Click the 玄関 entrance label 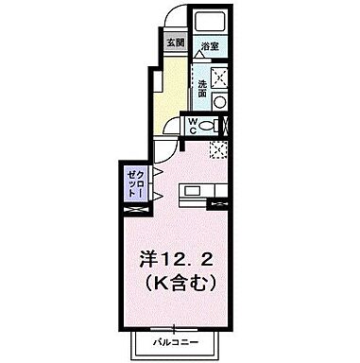click(175, 43)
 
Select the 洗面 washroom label click(203, 87)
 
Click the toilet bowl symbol click(213, 125)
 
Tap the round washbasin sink click(220, 101)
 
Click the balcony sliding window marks click(175, 323)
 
